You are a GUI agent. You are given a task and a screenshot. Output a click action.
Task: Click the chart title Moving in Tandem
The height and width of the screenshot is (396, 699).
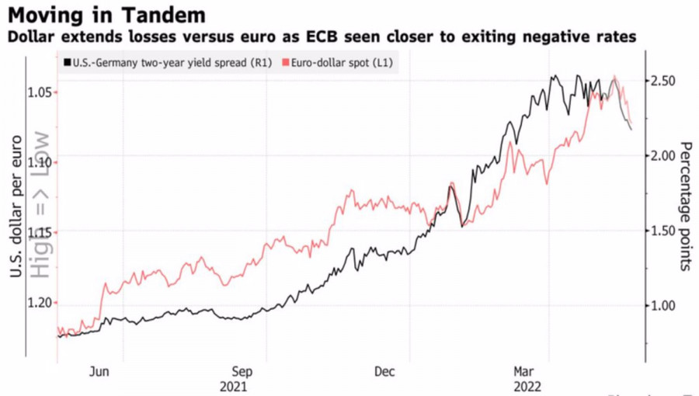tap(106, 15)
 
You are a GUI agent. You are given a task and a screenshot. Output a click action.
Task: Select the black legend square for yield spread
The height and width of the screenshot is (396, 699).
tap(68, 62)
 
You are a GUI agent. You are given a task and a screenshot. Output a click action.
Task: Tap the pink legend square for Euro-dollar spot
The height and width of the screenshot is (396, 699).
tap(285, 62)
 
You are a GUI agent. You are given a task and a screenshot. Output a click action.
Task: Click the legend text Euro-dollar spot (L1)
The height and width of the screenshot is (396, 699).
tap(343, 62)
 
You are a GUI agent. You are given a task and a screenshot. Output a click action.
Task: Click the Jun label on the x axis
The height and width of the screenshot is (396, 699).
tap(99, 371)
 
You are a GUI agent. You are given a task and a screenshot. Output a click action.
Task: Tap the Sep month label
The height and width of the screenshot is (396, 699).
tap(242, 371)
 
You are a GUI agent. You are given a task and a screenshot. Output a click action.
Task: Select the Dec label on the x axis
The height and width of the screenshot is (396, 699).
tap(384, 371)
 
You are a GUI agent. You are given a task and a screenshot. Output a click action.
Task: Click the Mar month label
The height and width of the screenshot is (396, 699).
tap(525, 371)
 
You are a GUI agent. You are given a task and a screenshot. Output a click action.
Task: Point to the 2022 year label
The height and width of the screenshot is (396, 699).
tap(525, 386)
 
